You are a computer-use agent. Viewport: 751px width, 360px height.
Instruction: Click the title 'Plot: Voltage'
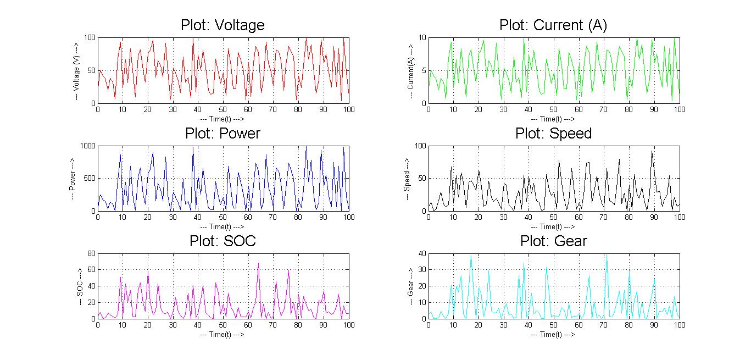pyautogui.click(x=222, y=25)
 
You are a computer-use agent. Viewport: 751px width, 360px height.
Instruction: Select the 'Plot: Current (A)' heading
pyautogui.click(x=553, y=25)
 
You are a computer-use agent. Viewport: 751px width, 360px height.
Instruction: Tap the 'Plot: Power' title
pyautogui.click(x=222, y=134)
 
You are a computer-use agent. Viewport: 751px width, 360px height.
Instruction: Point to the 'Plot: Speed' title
pyautogui.click(x=553, y=134)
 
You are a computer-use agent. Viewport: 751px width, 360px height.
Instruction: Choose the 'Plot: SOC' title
pyautogui.click(x=222, y=241)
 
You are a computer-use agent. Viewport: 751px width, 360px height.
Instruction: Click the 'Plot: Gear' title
pyautogui.click(x=553, y=241)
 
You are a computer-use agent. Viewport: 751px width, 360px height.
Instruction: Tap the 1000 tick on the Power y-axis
pyautogui.click(x=87, y=146)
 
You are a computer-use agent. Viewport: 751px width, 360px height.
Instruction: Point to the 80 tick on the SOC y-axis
pyautogui.click(x=91, y=254)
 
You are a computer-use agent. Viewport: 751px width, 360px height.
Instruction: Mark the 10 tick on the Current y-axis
pyautogui.click(x=422, y=38)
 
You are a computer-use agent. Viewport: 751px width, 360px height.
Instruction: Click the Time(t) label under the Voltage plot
pyautogui.click(x=222, y=119)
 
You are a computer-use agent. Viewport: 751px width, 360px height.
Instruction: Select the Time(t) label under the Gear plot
pyautogui.click(x=553, y=334)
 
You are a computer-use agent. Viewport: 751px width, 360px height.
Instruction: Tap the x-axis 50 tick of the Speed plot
pyautogui.click(x=554, y=218)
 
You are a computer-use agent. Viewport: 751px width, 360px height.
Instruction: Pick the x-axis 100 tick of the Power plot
pyautogui.click(x=349, y=218)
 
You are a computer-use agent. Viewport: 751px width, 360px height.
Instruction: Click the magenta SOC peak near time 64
pyautogui.click(x=258, y=263)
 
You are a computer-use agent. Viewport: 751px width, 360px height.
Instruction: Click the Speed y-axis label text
pyautogui.click(x=407, y=179)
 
